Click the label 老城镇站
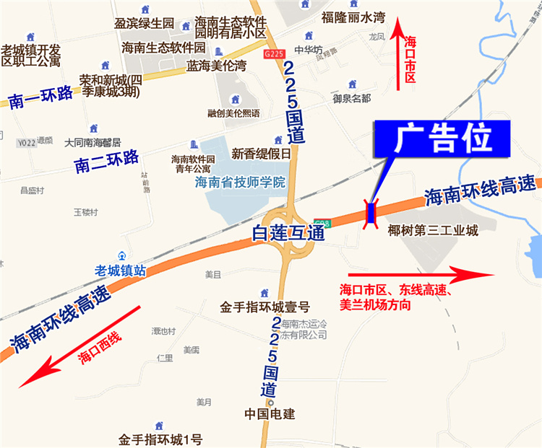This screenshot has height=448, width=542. (121, 270)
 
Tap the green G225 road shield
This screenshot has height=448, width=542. (274, 53)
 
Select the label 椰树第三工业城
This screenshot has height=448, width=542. (433, 232)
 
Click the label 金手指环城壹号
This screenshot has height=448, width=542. (265, 307)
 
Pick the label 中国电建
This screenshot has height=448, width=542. (270, 415)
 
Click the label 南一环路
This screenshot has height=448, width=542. (42, 97)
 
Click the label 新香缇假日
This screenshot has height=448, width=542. (261, 154)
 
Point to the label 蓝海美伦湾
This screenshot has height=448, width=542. (216, 66)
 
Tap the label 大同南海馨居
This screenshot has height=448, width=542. (93, 142)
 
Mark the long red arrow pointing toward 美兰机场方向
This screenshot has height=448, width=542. (419, 274)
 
